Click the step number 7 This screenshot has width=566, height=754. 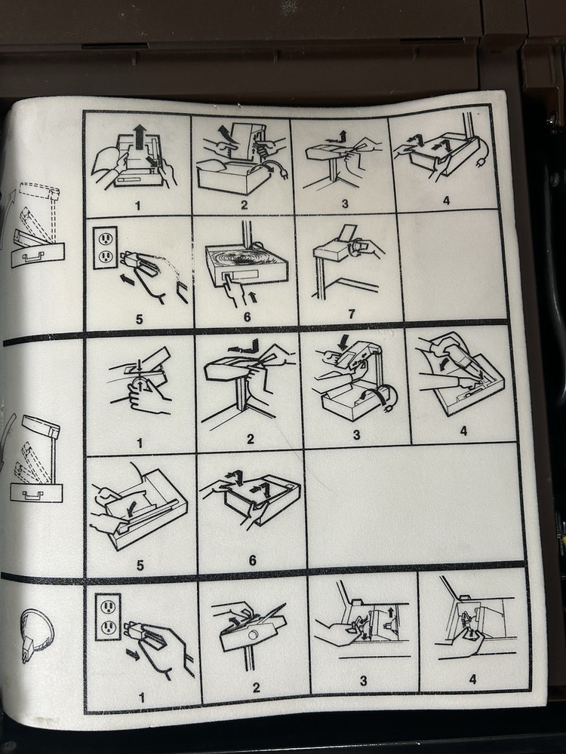tap(352, 314)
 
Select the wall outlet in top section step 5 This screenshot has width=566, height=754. tap(105, 247)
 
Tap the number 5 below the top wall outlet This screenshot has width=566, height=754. tap(139, 319)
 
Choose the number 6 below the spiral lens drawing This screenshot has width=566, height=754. tap(247, 317)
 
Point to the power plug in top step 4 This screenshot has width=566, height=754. tap(480, 164)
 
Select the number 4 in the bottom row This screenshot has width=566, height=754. tap(472, 679)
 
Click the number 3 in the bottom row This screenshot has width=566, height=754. tap(364, 680)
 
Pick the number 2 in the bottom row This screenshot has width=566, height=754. tap(256, 688)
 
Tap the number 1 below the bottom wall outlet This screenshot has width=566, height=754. tap(142, 697)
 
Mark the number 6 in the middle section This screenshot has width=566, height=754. tap(252, 559)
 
